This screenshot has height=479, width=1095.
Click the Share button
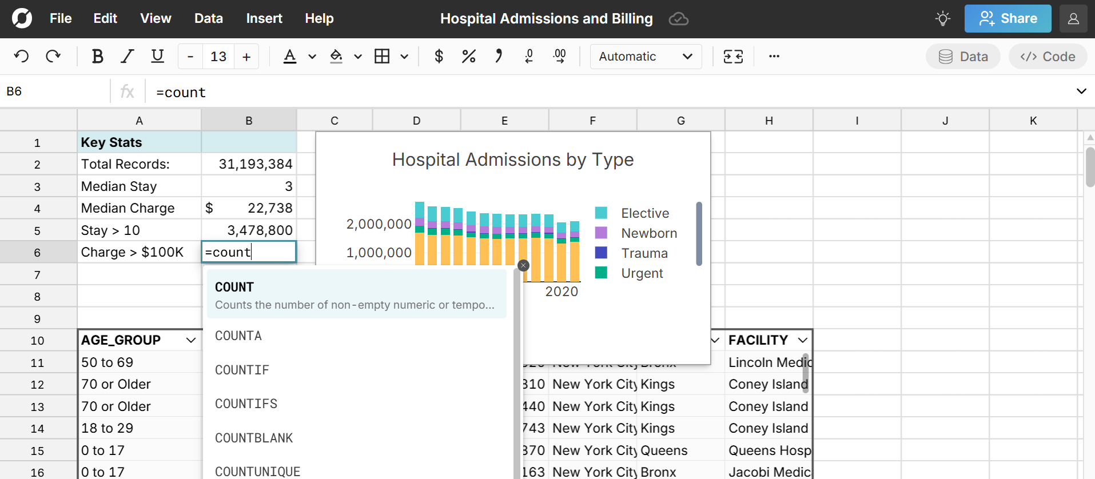pos(1008,19)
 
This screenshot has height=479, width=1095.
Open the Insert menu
pos(264,18)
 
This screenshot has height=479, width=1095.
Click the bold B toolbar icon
pos(97,56)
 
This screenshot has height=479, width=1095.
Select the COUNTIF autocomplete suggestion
pos(242,370)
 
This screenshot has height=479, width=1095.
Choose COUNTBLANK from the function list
pos(253,438)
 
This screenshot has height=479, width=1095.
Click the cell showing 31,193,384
pos(249,165)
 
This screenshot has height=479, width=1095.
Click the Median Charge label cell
pos(139,209)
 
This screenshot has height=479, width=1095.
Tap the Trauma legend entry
pos(644,253)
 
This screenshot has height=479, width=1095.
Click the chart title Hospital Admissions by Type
pos(512,159)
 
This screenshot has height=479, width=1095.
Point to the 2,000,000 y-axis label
pos(379,224)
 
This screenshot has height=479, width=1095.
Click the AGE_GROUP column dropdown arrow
pos(191,341)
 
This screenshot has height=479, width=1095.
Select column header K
pos(1033,121)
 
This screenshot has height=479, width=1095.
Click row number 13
pos(37,407)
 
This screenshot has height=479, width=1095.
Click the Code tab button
pos(1048,57)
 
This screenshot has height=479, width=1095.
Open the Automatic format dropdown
pos(646,57)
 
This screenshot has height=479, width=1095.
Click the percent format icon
pos(468,56)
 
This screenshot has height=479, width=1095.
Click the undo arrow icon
pos(21,56)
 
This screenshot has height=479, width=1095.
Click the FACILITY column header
pos(758,341)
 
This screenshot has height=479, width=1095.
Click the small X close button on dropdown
pos(523,265)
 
